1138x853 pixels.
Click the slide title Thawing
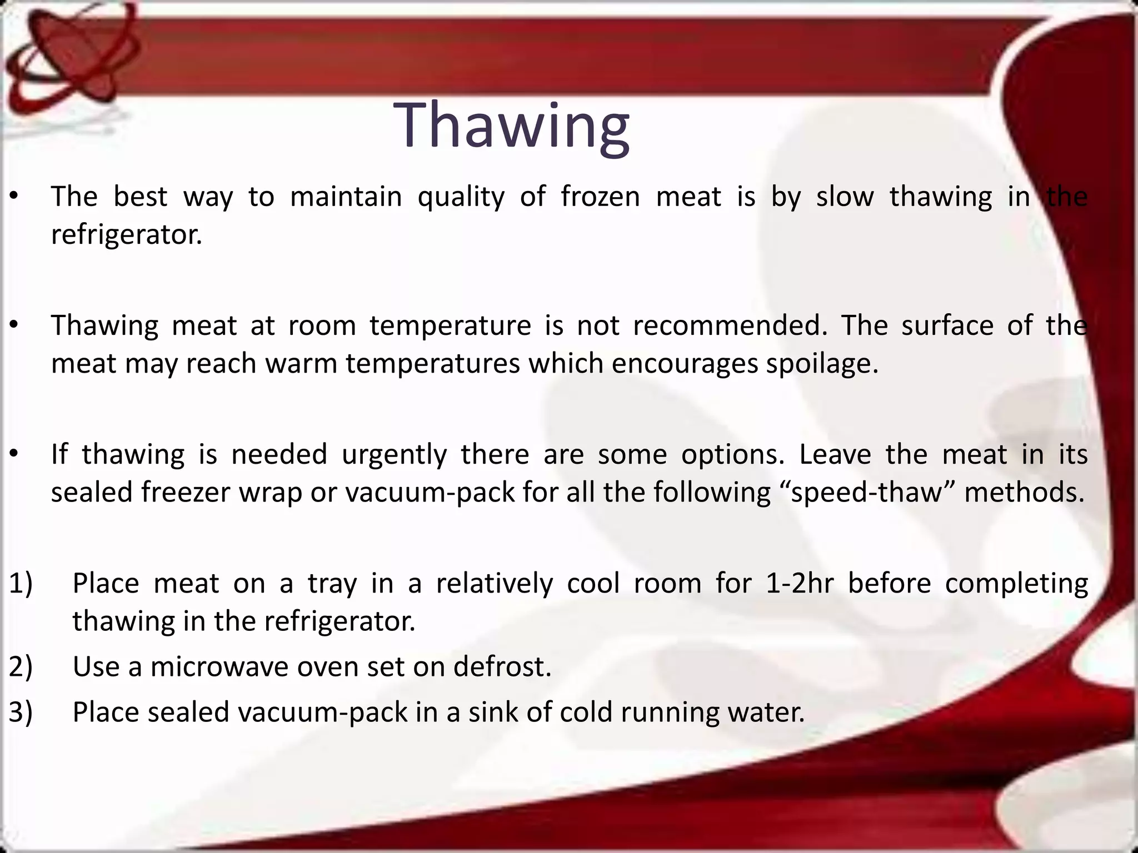pos(511,127)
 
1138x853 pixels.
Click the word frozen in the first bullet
pos(600,197)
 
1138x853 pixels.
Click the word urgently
pos(394,455)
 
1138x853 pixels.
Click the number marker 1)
pos(21,583)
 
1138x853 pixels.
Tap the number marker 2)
pos(21,666)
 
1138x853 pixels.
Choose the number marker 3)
pos(21,712)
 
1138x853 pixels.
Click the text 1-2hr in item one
pos(800,583)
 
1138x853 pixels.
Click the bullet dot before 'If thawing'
pos(14,455)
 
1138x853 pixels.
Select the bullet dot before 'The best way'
pos(14,197)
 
